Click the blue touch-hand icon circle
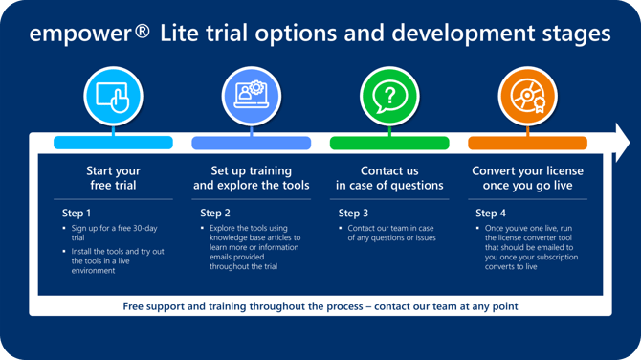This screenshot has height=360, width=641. [113, 97]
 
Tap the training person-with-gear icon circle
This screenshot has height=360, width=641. [251, 97]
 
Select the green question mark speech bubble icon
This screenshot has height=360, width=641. [389, 97]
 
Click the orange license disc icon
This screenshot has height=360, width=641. [527, 97]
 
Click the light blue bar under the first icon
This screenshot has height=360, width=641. [113, 144]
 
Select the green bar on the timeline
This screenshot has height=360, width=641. [389, 144]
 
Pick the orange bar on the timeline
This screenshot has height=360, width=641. [527, 144]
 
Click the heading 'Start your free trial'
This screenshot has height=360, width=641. [113, 178]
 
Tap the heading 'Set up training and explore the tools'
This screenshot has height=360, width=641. [251, 178]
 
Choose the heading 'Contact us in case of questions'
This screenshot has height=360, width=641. [389, 178]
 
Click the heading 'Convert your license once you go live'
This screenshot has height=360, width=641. [527, 178]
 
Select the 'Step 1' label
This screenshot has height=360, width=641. [77, 213]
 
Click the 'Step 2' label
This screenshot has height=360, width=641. [215, 213]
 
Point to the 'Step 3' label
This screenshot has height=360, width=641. [353, 213]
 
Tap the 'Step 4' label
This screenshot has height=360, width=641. [491, 213]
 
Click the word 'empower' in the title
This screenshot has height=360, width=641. [79, 34]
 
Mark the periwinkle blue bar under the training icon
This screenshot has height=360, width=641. [251, 144]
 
